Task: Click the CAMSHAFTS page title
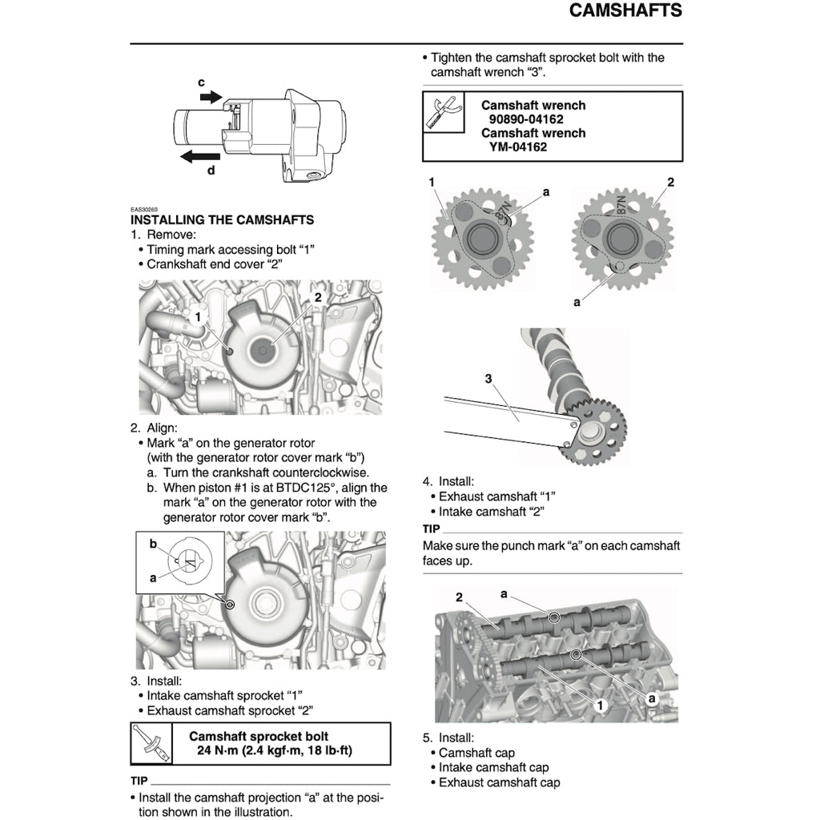tap(625, 11)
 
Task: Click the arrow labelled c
tap(211, 96)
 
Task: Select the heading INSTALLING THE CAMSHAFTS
tap(222, 219)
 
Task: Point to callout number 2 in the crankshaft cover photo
tap(317, 297)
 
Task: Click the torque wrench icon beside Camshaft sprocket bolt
tap(151, 744)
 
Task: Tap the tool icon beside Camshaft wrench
tap(443, 112)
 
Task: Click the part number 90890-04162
tap(527, 119)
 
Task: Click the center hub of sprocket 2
tap(621, 237)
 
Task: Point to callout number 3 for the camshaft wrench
tap(488, 380)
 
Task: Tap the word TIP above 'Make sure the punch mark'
tap(432, 529)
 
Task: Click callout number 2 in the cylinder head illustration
tap(460, 597)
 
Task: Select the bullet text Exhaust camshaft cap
tap(499, 782)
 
